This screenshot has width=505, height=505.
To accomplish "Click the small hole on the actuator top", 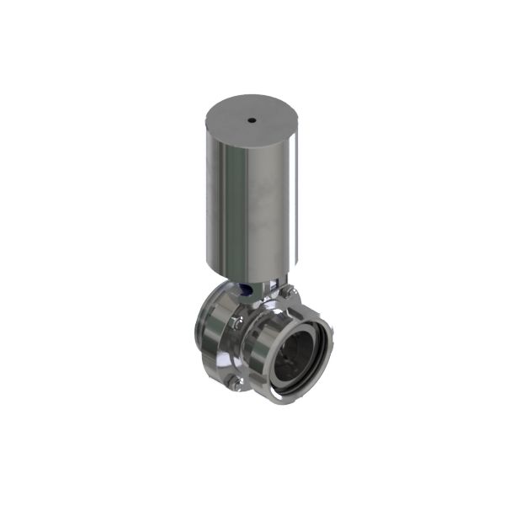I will pyautogui.click(x=251, y=121).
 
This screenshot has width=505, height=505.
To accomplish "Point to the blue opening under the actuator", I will pyautogui.click(x=244, y=290).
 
